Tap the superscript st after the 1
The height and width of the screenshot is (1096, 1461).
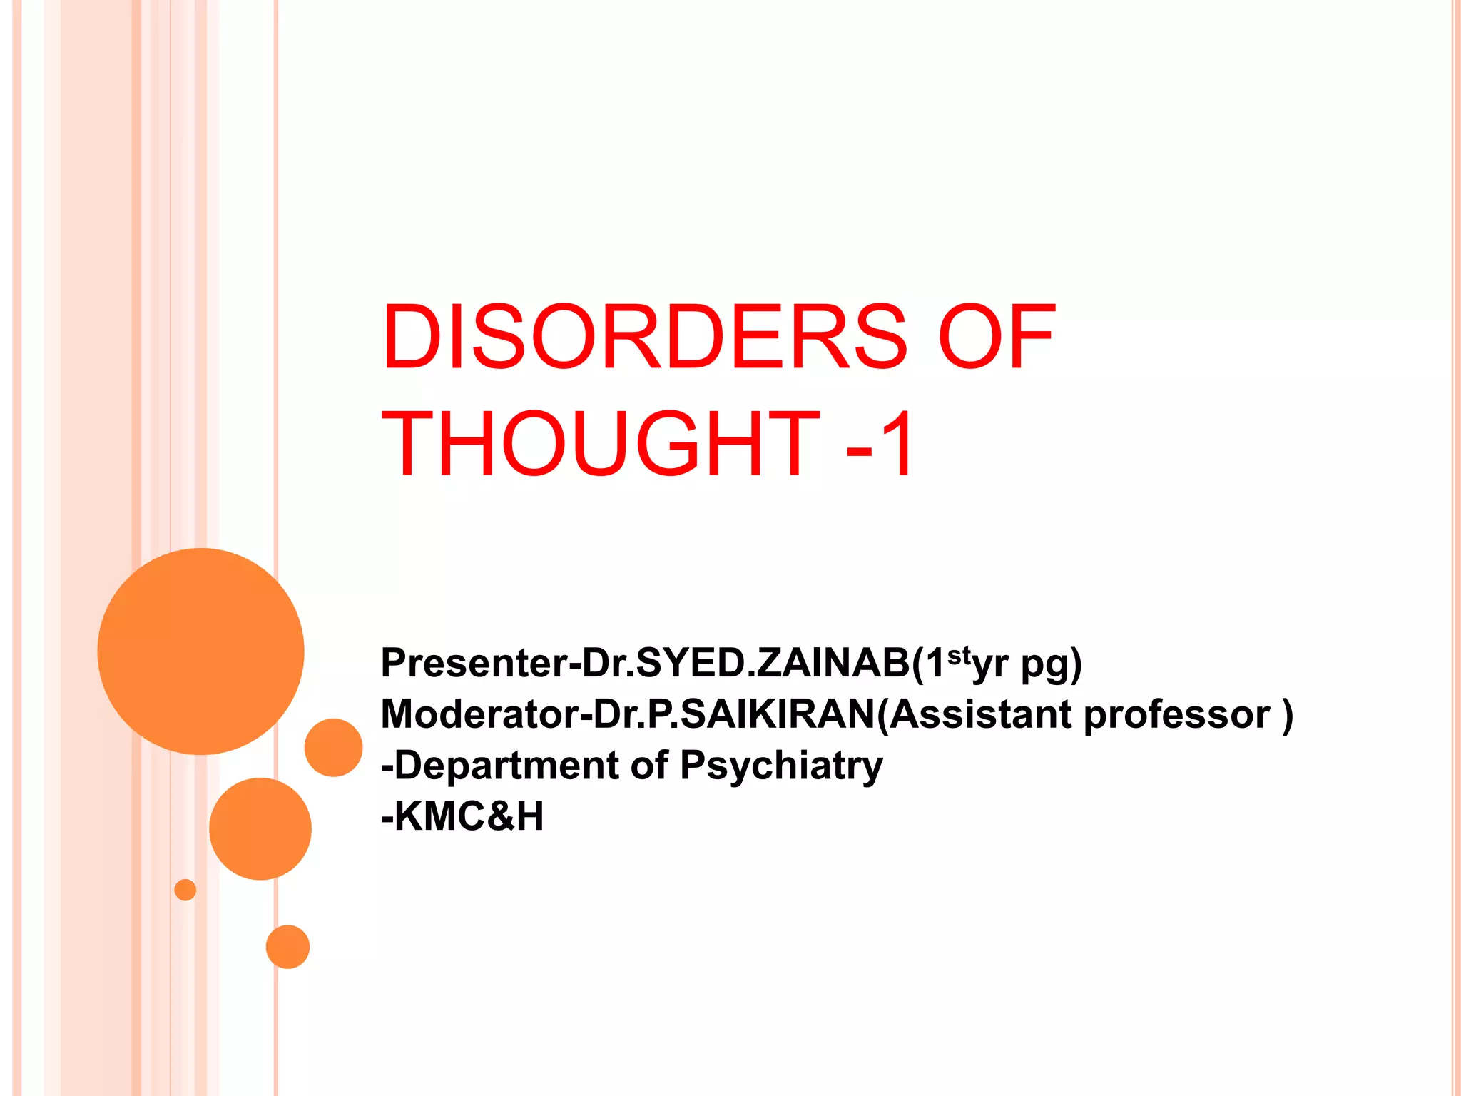tap(958, 654)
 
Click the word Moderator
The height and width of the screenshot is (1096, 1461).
tap(480, 714)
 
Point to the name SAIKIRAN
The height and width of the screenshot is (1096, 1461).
tap(778, 714)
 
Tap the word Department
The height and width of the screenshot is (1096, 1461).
tap(506, 766)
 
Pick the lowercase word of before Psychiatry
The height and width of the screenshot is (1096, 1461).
tap(649, 766)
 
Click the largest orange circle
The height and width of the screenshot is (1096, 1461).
tap(200, 651)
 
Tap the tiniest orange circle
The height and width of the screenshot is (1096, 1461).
tap(185, 890)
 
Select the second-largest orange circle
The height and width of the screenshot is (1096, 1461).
tap(260, 828)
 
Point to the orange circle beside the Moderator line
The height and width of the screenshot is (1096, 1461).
tap(333, 747)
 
